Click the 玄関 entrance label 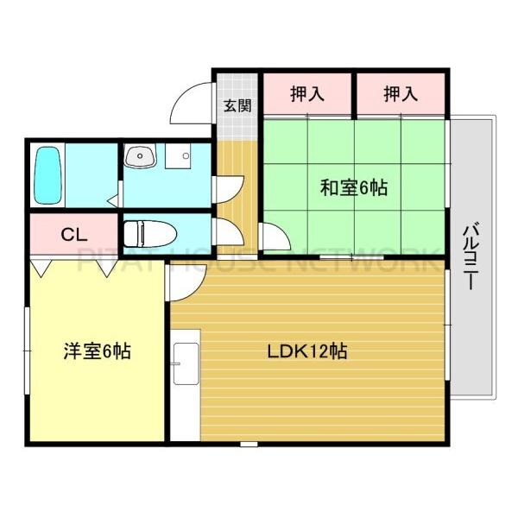[x=237, y=106]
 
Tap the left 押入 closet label [x=306, y=93]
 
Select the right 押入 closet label [x=401, y=93]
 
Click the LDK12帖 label [x=306, y=352]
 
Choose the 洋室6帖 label [x=96, y=352]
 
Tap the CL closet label [x=71, y=233]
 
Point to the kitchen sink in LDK [x=185, y=363]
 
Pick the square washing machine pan [x=183, y=158]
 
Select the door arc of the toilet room [x=230, y=231]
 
